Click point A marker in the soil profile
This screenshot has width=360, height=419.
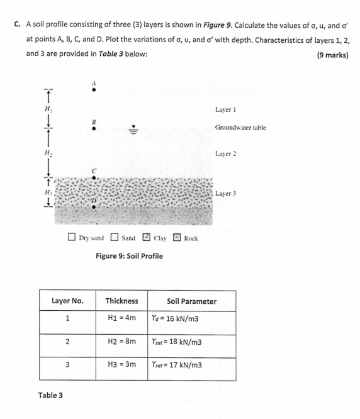pos(94,90)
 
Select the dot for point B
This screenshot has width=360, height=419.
pos(94,128)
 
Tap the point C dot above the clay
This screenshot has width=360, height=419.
pos(94,177)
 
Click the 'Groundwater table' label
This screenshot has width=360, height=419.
pos(240,127)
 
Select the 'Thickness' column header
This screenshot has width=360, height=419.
pos(121,301)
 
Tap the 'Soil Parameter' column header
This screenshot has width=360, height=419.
pos(191,301)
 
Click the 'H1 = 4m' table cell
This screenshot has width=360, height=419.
pos(121,319)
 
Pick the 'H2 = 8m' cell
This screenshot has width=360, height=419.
pos(121,342)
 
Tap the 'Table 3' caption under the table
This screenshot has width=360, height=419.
pos(51,395)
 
